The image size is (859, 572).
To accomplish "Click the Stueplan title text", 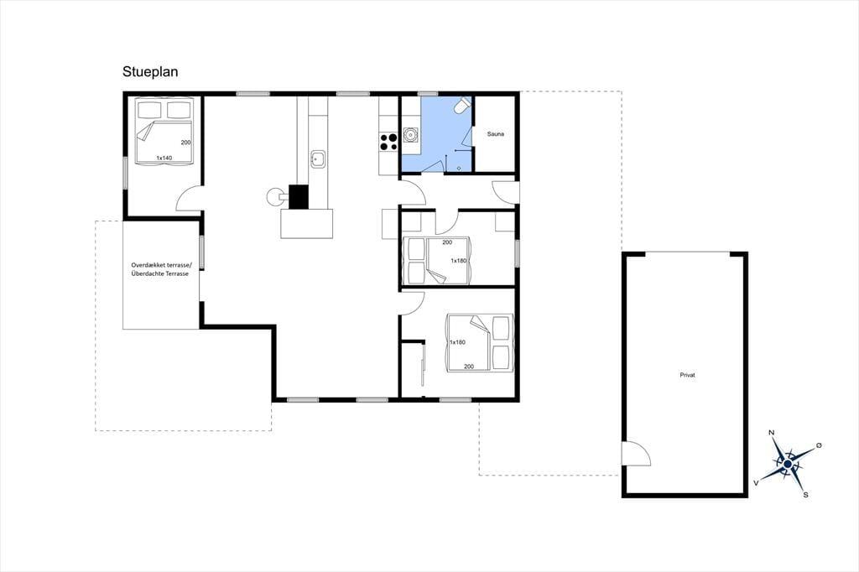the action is (x=150, y=72).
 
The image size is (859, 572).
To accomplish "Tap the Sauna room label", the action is (x=495, y=133).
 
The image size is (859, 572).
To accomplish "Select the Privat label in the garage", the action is (x=687, y=375).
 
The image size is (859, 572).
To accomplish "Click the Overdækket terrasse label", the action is (x=161, y=265).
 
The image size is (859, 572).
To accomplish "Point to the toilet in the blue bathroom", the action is (x=463, y=106).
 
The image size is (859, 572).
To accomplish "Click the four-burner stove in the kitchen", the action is (x=388, y=142).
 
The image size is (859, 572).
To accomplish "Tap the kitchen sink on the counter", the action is (x=318, y=159).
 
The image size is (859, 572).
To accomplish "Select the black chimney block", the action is (x=299, y=197).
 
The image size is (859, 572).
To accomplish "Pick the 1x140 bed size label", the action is (x=164, y=158).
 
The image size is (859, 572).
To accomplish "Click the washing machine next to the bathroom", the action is (x=409, y=134).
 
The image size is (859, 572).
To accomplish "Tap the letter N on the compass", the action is (x=772, y=433).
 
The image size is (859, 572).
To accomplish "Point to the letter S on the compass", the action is (x=806, y=495).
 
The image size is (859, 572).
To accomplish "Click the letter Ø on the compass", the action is (x=819, y=445).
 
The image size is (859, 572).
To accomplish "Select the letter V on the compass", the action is (x=757, y=483).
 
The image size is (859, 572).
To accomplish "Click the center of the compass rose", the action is (x=787, y=464).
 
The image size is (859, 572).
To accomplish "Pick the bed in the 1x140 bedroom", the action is (x=164, y=130).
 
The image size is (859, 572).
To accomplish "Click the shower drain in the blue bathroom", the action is (x=459, y=169).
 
